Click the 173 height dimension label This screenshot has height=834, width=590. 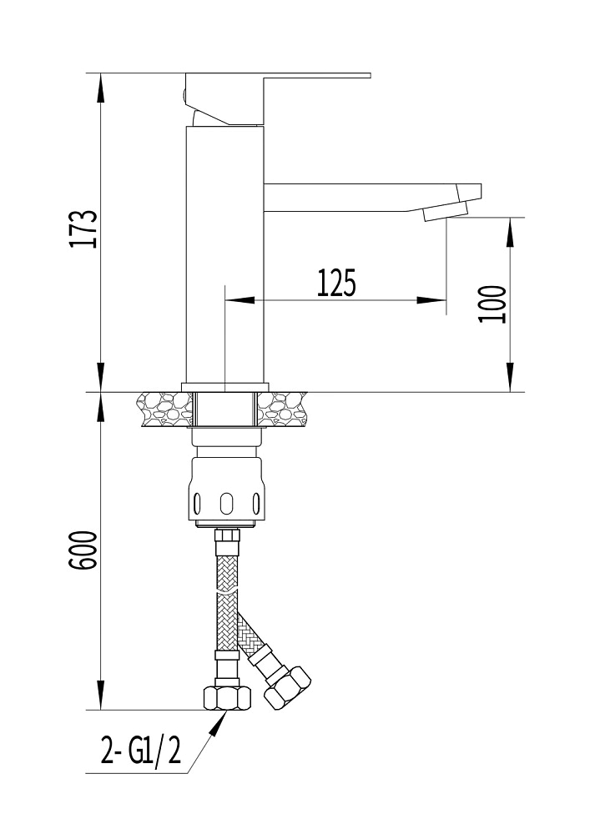tap(83, 229)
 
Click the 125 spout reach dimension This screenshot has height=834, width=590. tap(336, 283)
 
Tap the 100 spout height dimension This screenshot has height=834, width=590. tap(492, 304)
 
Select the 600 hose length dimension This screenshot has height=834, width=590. tap(83, 550)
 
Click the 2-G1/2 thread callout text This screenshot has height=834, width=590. tap(141, 751)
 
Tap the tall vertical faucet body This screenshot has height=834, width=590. tap(225, 254)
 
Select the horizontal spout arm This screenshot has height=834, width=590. tap(372, 198)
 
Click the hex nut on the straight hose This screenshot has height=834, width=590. tap(227, 697)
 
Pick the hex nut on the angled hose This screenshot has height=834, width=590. tap(287, 687)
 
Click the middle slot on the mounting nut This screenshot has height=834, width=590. tap(227, 503)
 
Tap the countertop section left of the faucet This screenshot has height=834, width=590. tap(164, 409)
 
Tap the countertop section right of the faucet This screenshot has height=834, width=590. tap(283, 409)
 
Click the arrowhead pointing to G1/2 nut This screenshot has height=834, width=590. tap(217, 723)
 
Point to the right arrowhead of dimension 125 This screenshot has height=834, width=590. tap(431, 300)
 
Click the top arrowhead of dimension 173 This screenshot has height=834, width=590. tap(100, 88)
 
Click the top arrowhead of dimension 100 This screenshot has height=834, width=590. tap(510, 232)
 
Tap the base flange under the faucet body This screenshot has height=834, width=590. tap(225, 387)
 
